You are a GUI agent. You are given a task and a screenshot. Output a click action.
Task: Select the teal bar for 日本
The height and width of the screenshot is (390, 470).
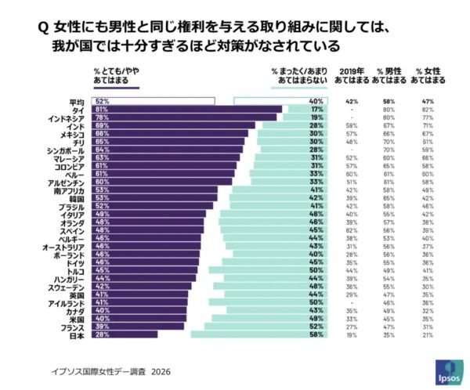(258, 334)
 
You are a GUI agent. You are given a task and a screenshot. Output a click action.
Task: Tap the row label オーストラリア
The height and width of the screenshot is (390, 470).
(67, 246)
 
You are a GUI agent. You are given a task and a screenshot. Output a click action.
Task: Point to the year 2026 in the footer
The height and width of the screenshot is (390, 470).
(161, 371)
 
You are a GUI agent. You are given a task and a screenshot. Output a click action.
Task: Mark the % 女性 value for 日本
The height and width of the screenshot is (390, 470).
(428, 334)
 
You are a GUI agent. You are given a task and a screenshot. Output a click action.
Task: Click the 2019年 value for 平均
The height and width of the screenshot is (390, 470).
(352, 101)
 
